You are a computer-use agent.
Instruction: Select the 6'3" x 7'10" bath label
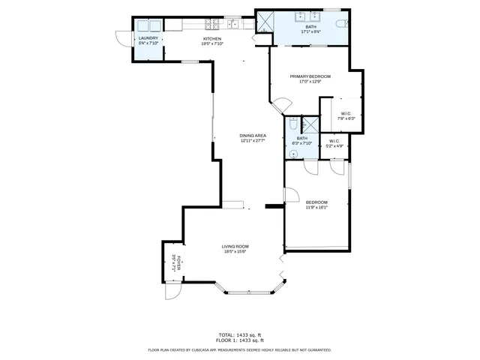pos(301,140)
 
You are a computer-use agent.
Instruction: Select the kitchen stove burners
pos(233,24)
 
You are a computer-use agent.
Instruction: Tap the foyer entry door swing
pos(172,292)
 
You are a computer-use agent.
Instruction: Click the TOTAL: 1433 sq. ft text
pos(239,334)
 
